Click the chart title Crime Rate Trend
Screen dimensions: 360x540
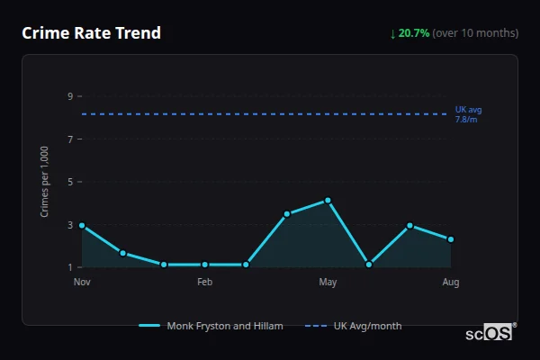click(91, 33)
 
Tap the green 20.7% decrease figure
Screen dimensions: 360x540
click(409, 33)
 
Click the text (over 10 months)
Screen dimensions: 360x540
click(475, 33)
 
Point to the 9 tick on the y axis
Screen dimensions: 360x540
click(69, 96)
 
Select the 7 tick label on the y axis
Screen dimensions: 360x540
click(69, 139)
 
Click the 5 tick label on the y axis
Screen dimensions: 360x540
click(69, 182)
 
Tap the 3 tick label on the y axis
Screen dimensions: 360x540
click(69, 225)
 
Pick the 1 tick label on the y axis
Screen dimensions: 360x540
click(69, 267)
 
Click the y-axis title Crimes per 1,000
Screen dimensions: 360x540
click(45, 182)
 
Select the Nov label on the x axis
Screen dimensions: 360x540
click(82, 283)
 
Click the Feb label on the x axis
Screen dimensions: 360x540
click(204, 283)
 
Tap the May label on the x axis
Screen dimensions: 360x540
click(328, 283)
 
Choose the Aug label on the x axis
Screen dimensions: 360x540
click(451, 283)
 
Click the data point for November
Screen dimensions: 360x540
click(82, 225)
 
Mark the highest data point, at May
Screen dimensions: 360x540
click(328, 200)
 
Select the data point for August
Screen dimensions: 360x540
click(451, 239)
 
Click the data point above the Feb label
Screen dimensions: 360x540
click(204, 265)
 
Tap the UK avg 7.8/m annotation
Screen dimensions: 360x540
click(468, 114)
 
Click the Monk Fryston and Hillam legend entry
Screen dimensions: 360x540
click(211, 326)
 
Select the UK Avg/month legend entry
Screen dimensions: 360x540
click(354, 326)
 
